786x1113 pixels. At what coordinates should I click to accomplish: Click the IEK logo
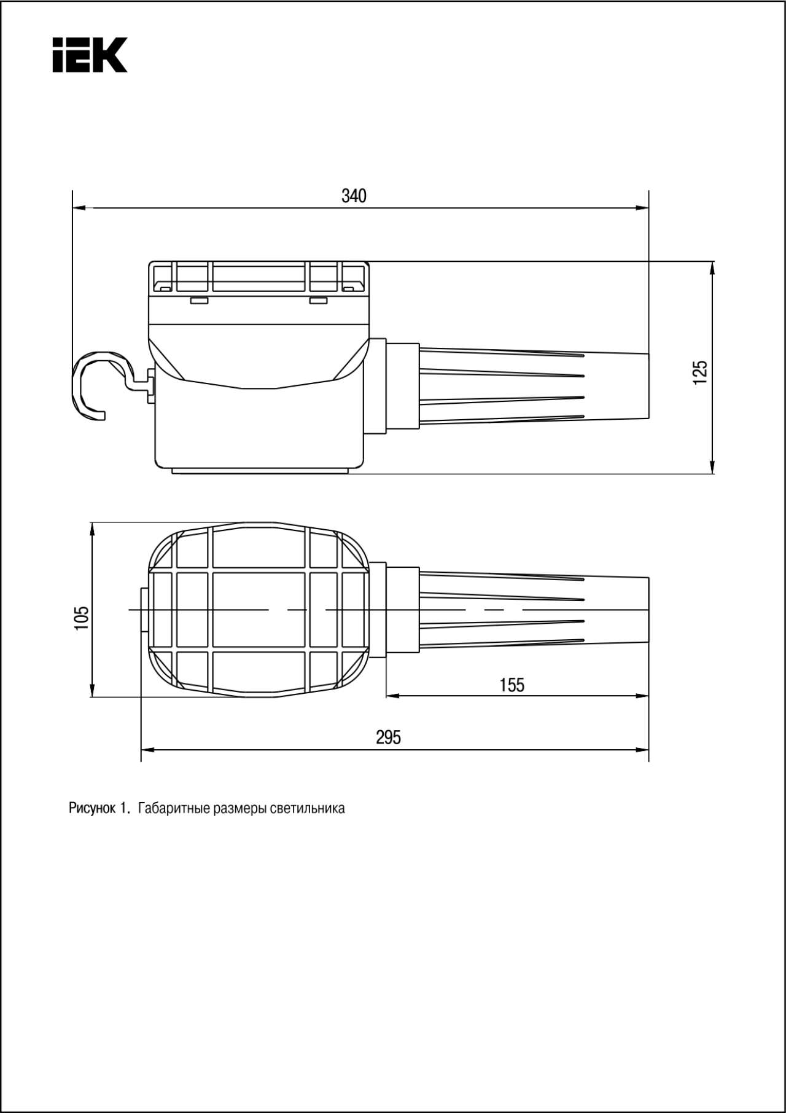click(x=90, y=55)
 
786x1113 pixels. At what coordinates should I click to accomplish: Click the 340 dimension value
click(x=354, y=196)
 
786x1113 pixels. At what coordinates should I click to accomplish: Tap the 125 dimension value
click(x=701, y=373)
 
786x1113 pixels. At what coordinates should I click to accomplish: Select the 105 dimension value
click(x=82, y=618)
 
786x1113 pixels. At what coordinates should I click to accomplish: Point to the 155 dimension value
click(x=512, y=685)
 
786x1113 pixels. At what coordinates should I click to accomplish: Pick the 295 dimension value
click(x=389, y=737)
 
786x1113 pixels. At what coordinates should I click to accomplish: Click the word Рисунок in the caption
click(x=91, y=808)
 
